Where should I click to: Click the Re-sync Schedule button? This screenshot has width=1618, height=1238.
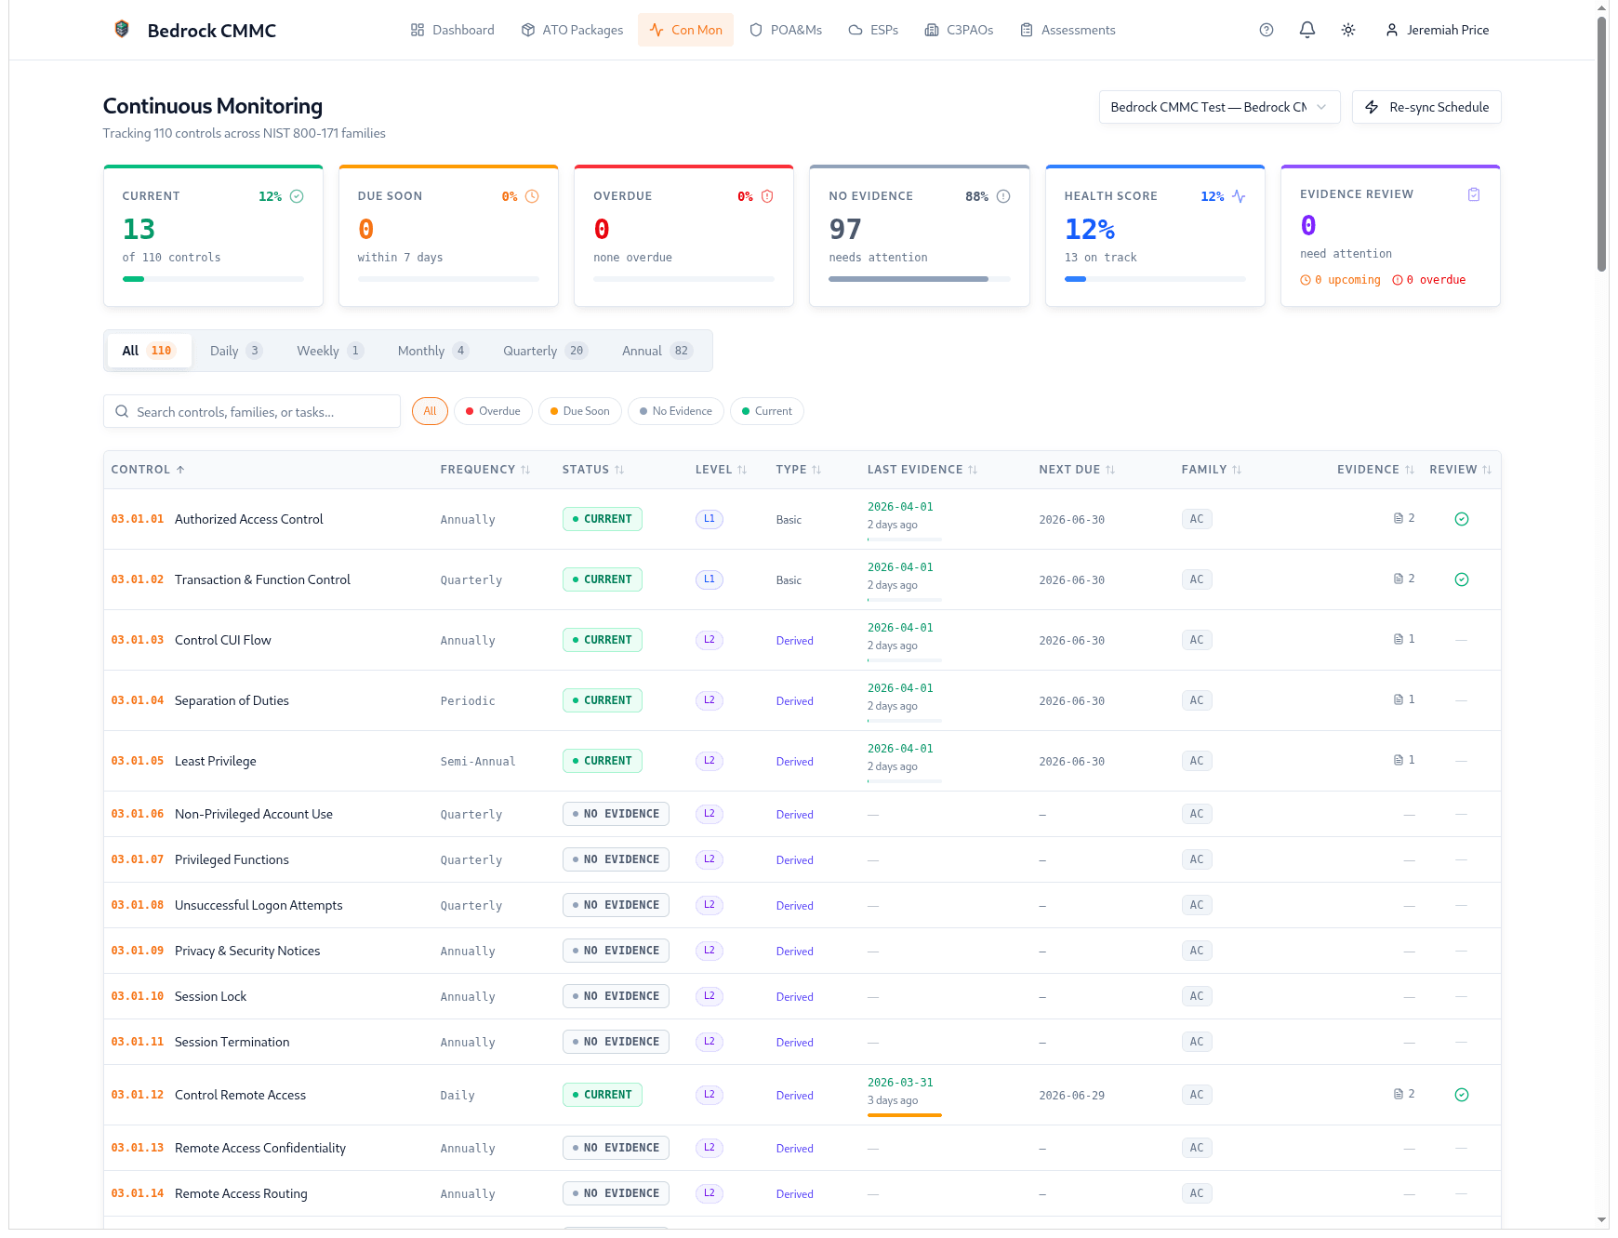1426,107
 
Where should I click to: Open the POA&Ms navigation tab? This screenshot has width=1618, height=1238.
786,30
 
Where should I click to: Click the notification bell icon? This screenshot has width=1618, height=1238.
1306,30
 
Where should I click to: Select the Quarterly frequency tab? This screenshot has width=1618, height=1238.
545,351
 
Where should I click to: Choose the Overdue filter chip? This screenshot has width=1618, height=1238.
493,411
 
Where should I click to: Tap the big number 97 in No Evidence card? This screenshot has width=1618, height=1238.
844,229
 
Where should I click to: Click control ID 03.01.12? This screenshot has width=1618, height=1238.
137,1095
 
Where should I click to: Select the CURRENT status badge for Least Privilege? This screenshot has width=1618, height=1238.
602,761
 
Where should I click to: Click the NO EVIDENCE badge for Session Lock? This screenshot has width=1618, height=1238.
615,996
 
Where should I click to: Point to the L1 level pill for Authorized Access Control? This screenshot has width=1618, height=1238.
709,519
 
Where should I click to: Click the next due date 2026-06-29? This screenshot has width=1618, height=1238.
1071,1095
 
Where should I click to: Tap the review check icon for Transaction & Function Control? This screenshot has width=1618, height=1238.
1461,579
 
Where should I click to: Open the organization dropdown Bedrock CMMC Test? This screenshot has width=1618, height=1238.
1218,107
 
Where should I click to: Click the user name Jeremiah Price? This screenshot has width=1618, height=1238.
1447,30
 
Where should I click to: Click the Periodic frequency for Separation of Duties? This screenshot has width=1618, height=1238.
468,700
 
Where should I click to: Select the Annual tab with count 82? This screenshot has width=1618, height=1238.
656,351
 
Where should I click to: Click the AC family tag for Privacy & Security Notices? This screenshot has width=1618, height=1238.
1196,951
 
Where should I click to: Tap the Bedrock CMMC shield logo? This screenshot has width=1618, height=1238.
121,29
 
